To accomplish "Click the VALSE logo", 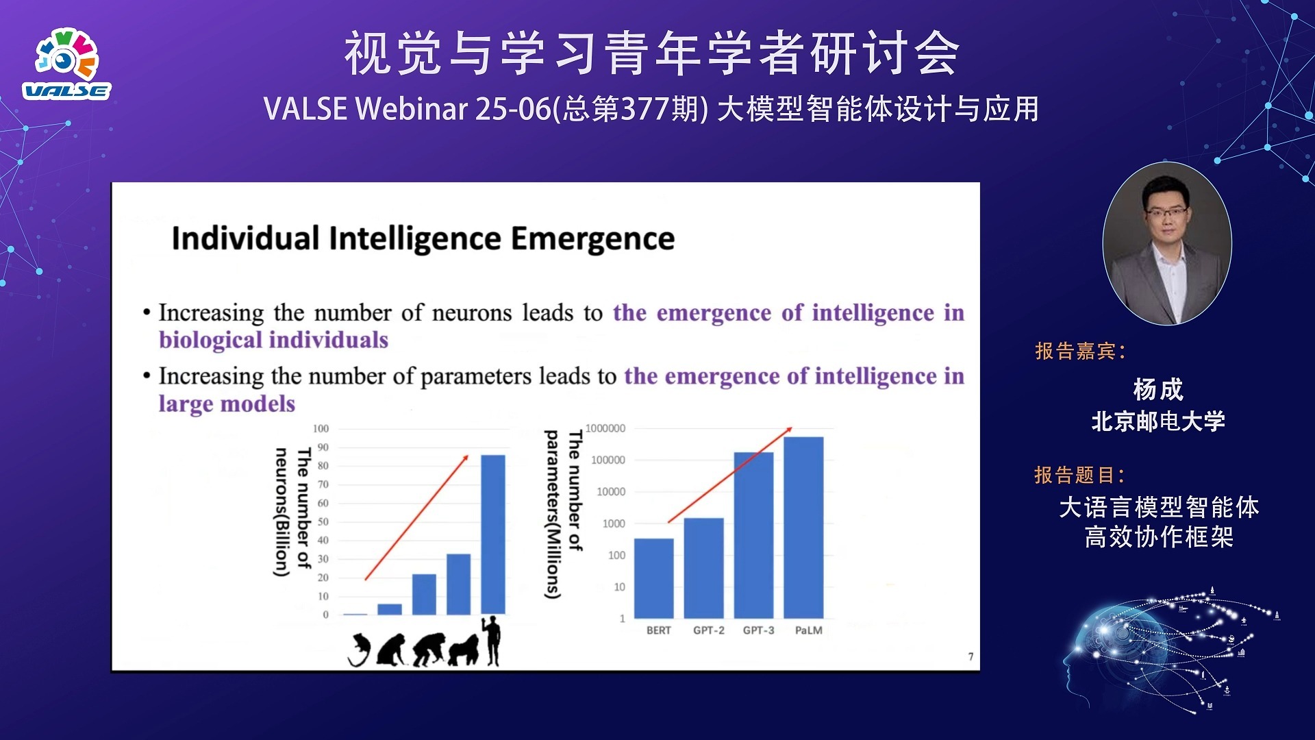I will tap(66, 65).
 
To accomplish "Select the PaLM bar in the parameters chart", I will tap(803, 528).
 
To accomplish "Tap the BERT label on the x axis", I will tap(658, 630).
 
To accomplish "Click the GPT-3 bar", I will tap(753, 534).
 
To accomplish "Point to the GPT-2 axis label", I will tap(708, 630).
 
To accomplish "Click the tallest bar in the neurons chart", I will tap(493, 534).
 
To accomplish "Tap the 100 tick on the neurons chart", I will tap(321, 429).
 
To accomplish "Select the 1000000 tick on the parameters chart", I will tap(605, 429).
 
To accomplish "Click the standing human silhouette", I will tap(492, 641).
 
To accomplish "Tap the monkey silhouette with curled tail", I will tap(359, 650).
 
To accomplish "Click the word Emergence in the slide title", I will tap(592, 239).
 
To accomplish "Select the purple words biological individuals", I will tap(273, 341).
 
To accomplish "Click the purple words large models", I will tap(227, 404).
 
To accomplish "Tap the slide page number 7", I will tap(970, 656).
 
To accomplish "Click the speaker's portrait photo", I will tap(1166, 244).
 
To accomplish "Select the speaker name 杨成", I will tap(1158, 389).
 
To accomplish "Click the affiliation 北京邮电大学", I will tap(1158, 421).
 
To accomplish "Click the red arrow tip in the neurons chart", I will tap(467, 456).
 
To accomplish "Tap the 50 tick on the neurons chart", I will tap(323, 522).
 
